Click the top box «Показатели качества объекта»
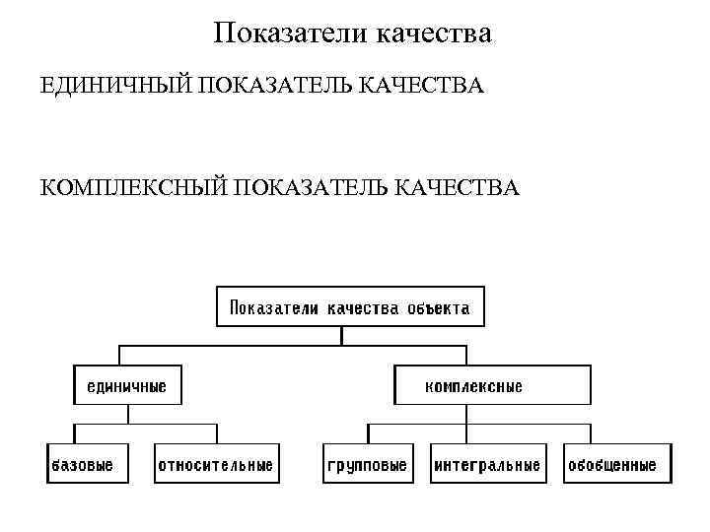[x=349, y=306]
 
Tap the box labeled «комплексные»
[x=492, y=385]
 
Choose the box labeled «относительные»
[x=216, y=464]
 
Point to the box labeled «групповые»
[x=366, y=464]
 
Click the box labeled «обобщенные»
[x=611, y=464]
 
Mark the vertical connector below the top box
[x=341, y=335]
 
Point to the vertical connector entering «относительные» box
[x=217, y=434]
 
